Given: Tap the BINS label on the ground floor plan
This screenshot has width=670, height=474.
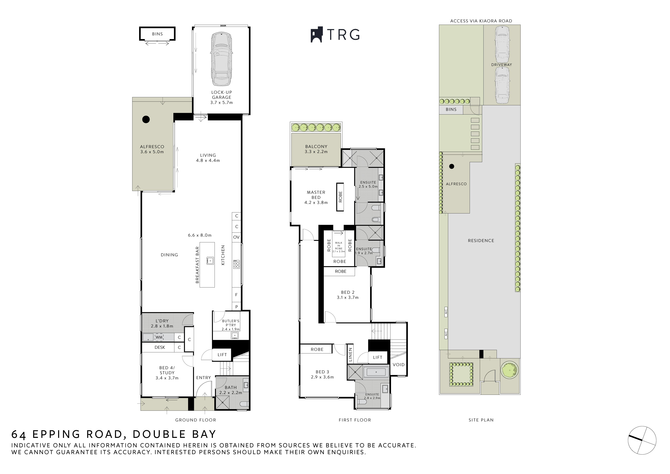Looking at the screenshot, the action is tap(157, 34).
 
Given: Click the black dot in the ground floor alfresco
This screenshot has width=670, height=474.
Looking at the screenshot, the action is tap(146, 119).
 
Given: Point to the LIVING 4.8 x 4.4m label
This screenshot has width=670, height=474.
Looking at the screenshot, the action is tap(208, 158).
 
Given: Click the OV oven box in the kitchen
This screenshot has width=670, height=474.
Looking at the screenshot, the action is tap(236, 237).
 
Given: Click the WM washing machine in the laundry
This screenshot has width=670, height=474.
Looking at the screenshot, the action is tap(159, 337).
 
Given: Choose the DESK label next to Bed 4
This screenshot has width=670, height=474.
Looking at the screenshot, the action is tap(160, 347).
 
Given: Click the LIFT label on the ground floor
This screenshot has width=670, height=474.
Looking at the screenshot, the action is tap(222, 355).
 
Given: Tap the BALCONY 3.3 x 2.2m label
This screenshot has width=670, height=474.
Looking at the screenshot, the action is tap(316, 149).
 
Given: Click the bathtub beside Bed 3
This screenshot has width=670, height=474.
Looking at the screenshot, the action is tap(376, 372).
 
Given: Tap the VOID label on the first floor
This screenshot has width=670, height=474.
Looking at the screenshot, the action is tap(399, 365).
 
